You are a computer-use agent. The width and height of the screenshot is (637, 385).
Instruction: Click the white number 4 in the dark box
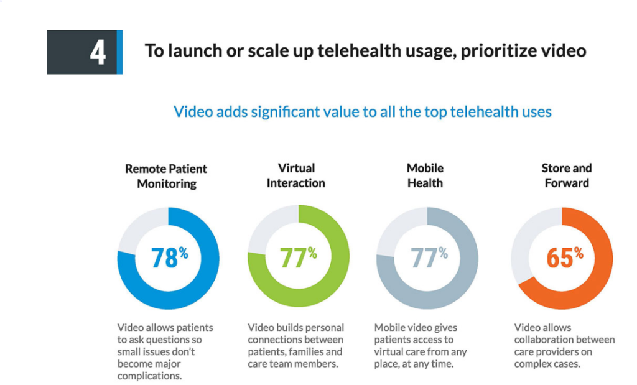tap(97, 53)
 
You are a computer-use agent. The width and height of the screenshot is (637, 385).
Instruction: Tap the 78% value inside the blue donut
tap(169, 257)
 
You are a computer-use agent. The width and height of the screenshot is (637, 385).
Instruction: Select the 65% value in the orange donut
tap(564, 257)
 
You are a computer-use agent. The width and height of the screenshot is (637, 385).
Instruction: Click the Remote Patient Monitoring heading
tap(166, 176)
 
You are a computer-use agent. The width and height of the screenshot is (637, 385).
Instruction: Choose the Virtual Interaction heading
tap(296, 175)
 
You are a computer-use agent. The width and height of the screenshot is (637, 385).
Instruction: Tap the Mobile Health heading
tap(425, 175)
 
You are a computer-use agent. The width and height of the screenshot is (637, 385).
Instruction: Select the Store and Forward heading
tap(567, 175)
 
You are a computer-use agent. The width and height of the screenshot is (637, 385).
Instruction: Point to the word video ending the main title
tap(564, 51)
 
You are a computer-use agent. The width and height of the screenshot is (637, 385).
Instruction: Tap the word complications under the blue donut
tap(150, 376)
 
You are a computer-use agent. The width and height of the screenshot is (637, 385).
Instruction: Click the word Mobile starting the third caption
tap(390, 327)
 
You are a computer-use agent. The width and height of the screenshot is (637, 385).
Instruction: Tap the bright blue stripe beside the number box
tap(120, 52)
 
